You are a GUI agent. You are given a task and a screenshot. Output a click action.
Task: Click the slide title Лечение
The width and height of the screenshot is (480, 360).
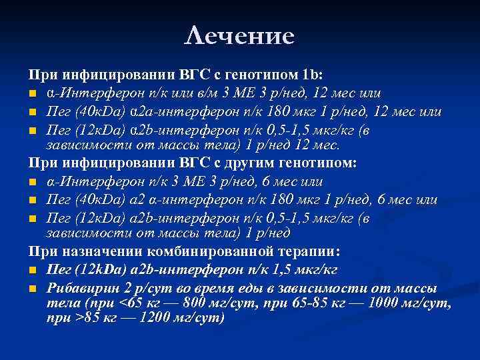[x=239, y=36]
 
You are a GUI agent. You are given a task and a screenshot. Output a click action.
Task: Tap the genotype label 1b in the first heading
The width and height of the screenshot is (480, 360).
[x=311, y=75]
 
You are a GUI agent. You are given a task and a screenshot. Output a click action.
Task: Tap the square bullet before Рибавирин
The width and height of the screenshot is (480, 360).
[x=32, y=289]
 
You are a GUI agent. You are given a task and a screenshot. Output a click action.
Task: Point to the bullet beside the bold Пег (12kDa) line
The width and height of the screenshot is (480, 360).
[x=32, y=271]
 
